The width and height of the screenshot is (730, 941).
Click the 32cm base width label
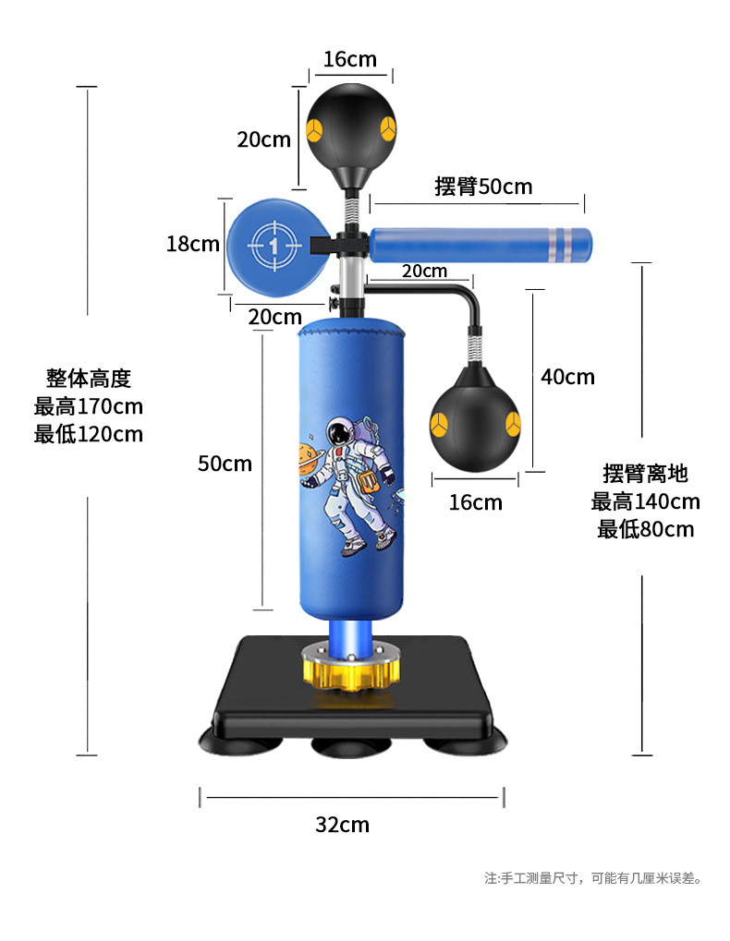coord(342,825)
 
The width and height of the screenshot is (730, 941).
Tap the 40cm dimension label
coord(567,377)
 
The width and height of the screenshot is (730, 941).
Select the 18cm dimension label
coord(192,244)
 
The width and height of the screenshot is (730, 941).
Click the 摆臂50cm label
coord(483,186)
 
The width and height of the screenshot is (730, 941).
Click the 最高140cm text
coord(645,501)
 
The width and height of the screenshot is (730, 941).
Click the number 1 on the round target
coord(274,244)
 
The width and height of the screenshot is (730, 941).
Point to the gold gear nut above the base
coord(351,670)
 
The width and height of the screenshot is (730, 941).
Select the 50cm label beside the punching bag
coord(225,464)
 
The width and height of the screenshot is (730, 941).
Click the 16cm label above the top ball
coord(349,60)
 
